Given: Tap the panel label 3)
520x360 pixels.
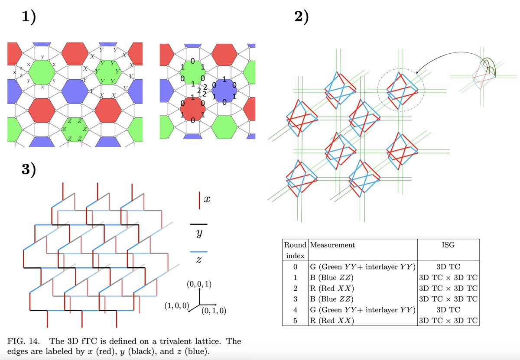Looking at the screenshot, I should [29, 169].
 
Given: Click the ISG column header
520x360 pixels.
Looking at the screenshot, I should [448, 245].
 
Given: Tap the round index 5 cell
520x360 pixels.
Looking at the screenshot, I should [295, 321].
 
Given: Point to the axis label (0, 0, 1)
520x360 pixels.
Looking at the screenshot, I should [199, 285].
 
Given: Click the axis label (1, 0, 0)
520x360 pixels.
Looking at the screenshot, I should [176, 306].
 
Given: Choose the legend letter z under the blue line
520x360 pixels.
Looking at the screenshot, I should [199, 261].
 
